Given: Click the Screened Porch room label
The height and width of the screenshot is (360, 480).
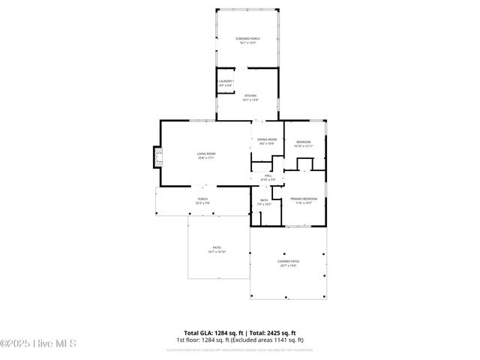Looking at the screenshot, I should click(247, 38).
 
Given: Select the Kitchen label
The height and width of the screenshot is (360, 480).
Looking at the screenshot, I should click(250, 95).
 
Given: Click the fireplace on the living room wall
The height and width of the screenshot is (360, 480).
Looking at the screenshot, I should click(157, 156).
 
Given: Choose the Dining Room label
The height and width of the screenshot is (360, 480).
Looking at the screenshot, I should click(268, 139).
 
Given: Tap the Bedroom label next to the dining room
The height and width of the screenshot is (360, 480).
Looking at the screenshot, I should click(303, 142).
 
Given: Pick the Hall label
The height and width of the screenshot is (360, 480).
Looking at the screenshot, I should click(268, 175).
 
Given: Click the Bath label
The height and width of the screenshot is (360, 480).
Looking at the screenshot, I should click(264, 199).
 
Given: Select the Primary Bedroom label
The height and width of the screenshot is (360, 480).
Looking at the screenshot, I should click(304, 198).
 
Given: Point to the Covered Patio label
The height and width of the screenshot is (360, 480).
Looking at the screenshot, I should click(289, 261).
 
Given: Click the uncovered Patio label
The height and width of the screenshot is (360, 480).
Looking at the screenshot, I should click(217, 247).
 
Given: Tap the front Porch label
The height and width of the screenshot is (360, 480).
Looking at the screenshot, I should click(202, 199).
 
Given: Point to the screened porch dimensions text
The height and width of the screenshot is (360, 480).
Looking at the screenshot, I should click(247, 43).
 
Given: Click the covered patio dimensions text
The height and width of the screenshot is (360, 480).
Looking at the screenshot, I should click(289, 265).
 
